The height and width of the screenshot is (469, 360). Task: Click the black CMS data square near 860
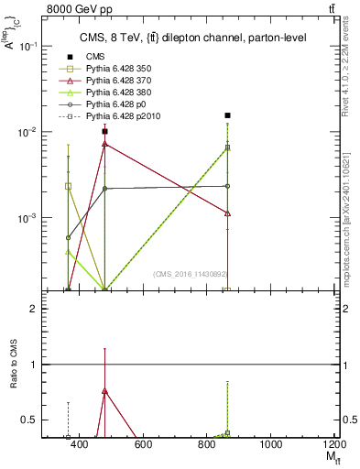pyautogui.click(x=227, y=115)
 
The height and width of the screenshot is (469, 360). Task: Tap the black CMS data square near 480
pyautogui.click(x=105, y=131)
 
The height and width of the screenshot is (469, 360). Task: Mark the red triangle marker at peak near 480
pyautogui.click(x=105, y=144)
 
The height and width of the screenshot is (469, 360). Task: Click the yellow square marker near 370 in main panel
pyautogui.click(x=68, y=186)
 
